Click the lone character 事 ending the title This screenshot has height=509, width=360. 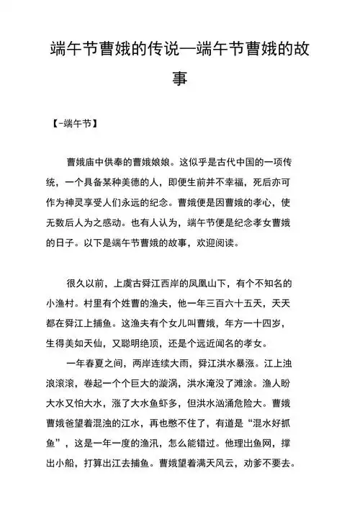(x=180, y=77)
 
